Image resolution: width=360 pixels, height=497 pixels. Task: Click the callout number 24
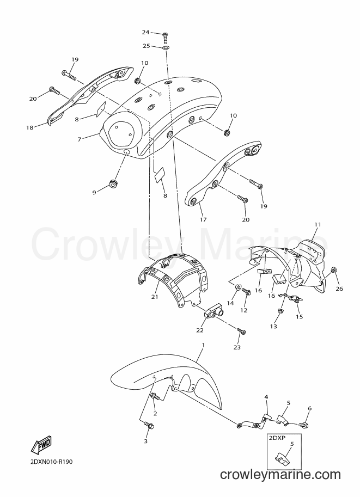(x=145, y=32)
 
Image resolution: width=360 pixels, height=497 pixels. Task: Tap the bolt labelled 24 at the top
(x=165, y=38)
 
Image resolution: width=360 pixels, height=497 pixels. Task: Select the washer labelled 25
(x=165, y=48)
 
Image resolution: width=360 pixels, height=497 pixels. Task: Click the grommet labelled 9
(x=113, y=183)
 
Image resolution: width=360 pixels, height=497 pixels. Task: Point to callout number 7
(x=80, y=139)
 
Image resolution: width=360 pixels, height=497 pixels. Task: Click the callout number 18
(x=30, y=128)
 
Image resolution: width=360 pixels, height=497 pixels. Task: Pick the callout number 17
(x=203, y=219)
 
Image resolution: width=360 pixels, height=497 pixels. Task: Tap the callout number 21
(x=155, y=297)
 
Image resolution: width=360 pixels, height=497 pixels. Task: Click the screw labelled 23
(x=242, y=332)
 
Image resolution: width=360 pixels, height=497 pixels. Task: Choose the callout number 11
(x=318, y=224)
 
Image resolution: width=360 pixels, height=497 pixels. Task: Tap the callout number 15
(x=300, y=316)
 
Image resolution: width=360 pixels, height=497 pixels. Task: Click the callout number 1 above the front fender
(x=203, y=345)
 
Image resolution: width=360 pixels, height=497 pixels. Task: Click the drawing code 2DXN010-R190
(x=51, y=462)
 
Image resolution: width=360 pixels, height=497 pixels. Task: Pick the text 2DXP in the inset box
(x=277, y=438)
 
